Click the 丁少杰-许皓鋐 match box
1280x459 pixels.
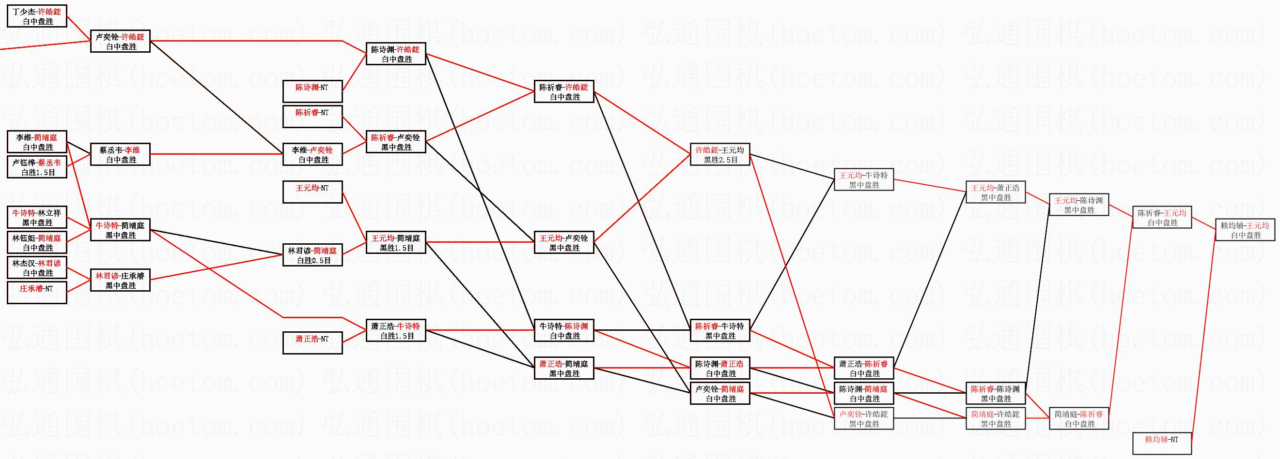coord(37,16)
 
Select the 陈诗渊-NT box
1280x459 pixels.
coord(312,92)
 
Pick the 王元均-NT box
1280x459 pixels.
coord(312,192)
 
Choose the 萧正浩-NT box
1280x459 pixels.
coord(312,343)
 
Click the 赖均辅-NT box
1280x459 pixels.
coord(1162,444)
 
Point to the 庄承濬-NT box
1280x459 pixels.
coord(37,293)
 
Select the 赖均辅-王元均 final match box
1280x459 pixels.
coord(1246,230)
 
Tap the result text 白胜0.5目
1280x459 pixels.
coord(312,260)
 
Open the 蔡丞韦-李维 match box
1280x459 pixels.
coord(120,155)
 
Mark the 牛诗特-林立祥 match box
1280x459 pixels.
coord(37,217)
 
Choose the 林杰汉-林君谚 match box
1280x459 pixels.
coord(37,268)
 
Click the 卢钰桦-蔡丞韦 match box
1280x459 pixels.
coord(37,167)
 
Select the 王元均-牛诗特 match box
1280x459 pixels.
coord(864,180)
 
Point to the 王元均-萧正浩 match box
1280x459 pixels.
coord(995,192)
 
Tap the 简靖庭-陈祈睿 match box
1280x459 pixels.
coord(1079,419)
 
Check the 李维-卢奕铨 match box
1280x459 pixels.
coord(312,155)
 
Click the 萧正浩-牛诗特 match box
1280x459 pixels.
coord(396,330)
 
